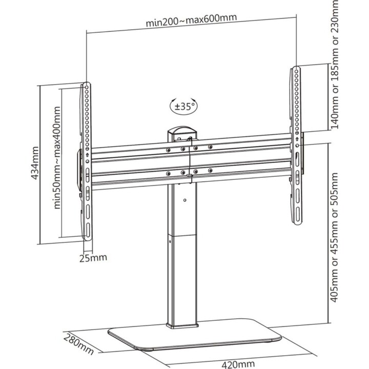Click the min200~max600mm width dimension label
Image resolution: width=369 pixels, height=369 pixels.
click(191, 20)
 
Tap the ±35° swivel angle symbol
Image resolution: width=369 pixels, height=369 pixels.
click(183, 107)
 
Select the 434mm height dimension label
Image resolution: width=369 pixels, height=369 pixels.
click(35, 163)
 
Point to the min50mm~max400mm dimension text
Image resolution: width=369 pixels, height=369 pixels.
click(57, 158)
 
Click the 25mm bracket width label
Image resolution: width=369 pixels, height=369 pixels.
click(93, 258)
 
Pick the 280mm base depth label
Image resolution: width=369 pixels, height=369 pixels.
click(78, 343)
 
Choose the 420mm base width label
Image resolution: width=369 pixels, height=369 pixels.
click(238, 364)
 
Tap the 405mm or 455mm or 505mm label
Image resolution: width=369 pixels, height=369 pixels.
click(334, 237)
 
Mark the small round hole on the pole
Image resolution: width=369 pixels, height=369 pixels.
click(184, 200)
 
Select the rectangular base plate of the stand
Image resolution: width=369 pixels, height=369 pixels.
click(194, 335)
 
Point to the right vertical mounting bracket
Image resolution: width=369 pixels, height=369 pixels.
click(296, 146)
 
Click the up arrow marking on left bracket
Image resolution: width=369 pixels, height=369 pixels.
click(87, 155)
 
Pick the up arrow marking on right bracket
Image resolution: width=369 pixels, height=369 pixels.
click(297, 139)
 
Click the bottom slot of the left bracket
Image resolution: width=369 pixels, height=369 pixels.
click(88, 230)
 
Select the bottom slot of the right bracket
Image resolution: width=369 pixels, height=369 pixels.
click(298, 215)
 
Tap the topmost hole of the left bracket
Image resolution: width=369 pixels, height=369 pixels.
click(87, 88)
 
